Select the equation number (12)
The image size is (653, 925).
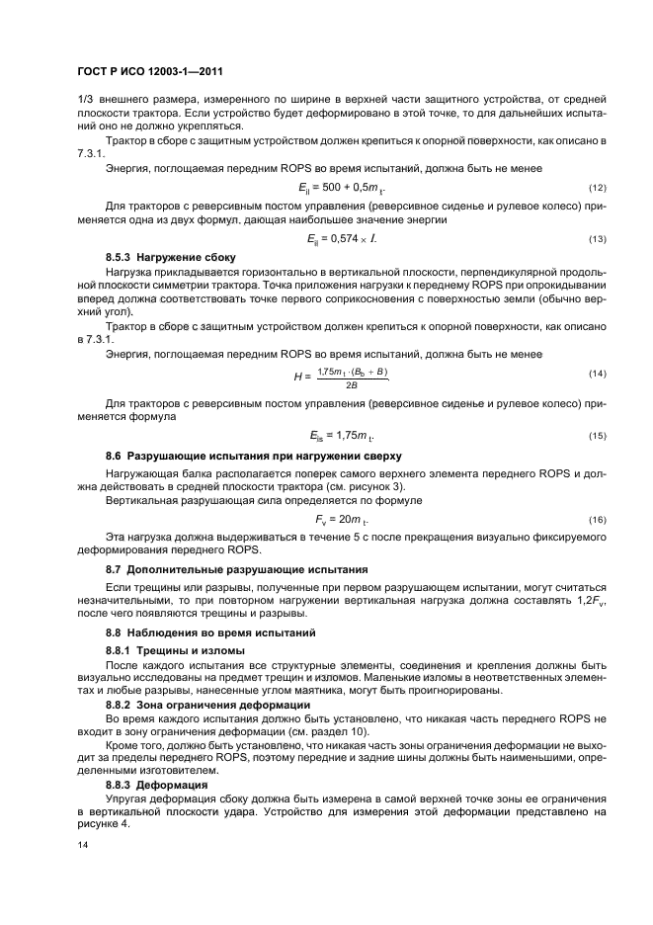(x=597, y=188)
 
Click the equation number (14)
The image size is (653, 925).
(x=597, y=374)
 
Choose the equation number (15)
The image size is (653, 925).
(x=597, y=436)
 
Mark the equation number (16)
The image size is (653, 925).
(x=597, y=519)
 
